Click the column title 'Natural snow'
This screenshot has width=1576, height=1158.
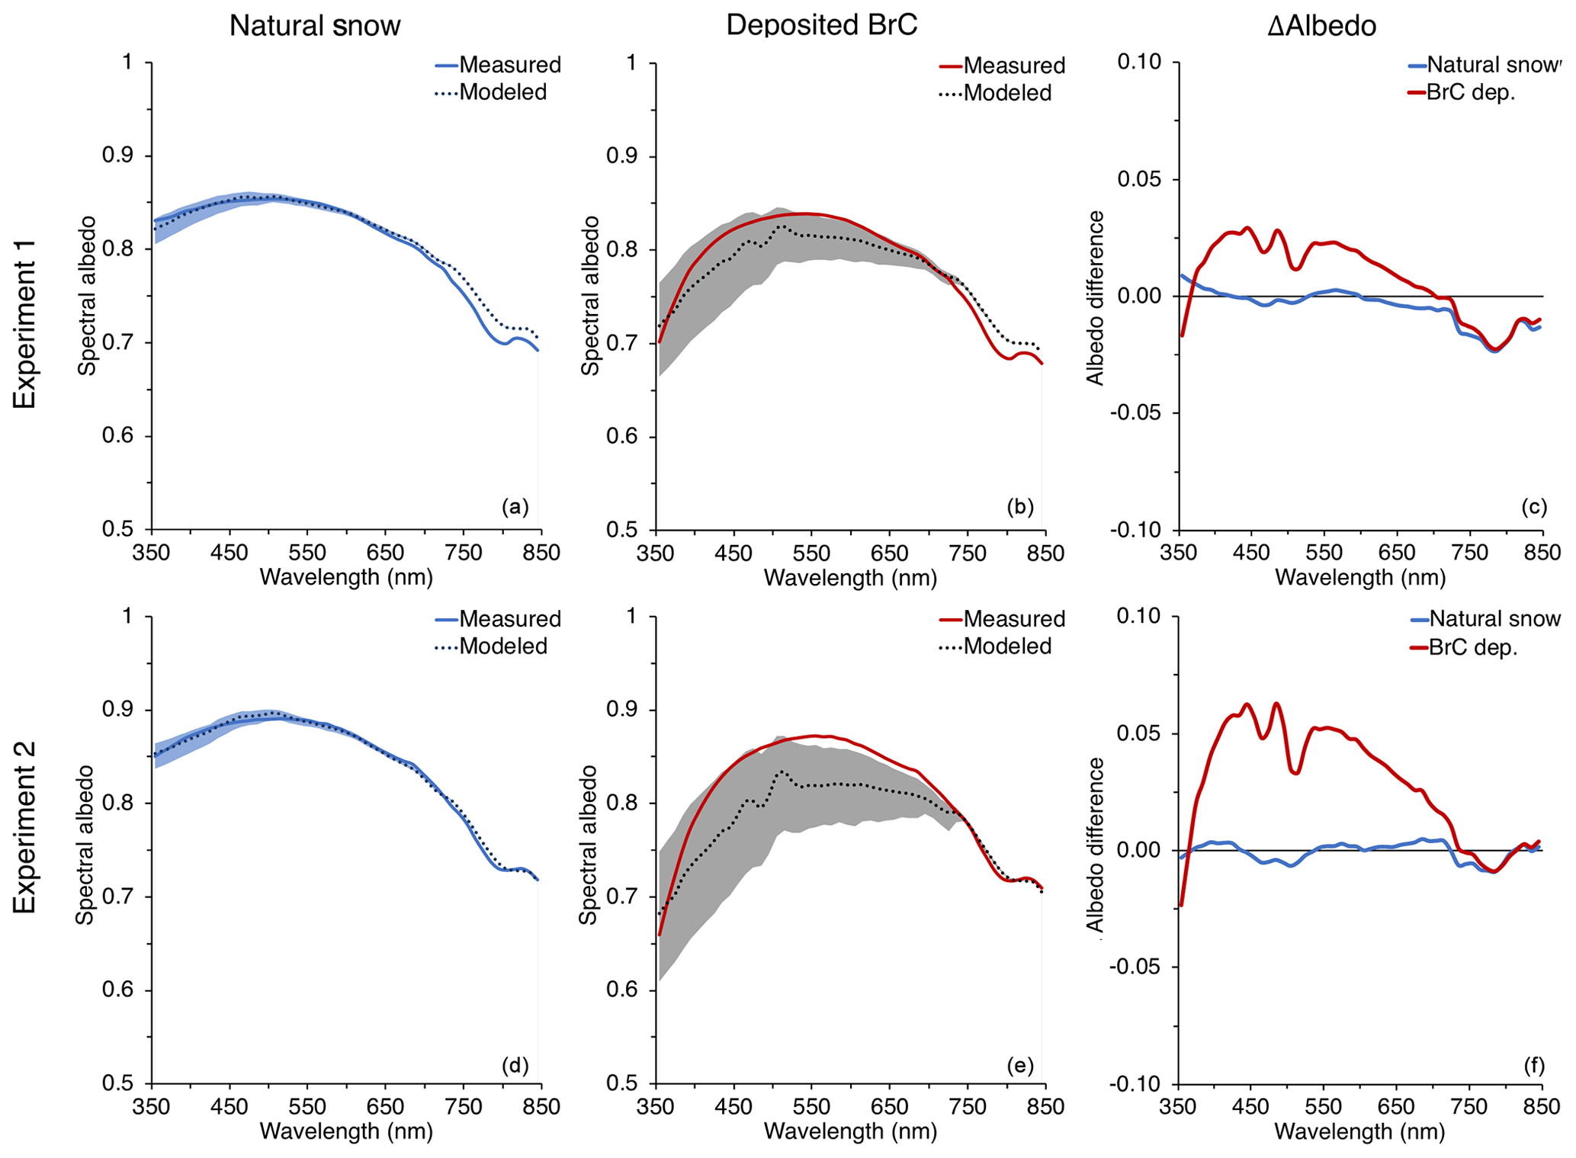315,26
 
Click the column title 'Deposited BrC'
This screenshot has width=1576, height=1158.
821,25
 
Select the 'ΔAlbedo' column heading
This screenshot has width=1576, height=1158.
1321,26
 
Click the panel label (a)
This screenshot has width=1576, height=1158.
515,507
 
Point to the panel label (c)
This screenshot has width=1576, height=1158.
1533,507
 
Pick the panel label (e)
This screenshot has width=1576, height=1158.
1019,1065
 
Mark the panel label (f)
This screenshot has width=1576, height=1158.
1533,1065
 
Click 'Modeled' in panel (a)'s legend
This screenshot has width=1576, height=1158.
503,92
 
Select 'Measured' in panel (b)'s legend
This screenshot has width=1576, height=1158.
1014,66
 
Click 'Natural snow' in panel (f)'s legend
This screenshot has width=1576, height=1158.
1494,618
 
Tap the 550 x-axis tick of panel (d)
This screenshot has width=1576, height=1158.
307,1106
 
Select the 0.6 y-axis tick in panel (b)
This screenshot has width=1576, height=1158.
621,437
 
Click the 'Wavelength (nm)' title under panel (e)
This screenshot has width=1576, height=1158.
850,1131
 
